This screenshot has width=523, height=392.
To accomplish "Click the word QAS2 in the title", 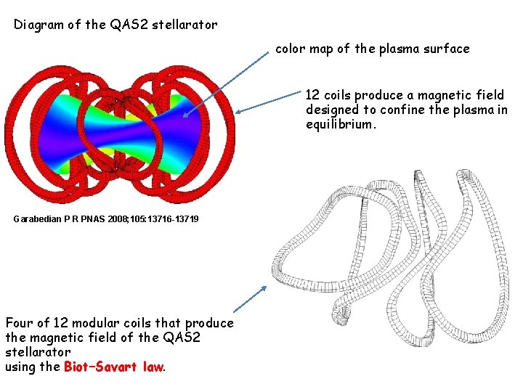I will coord(126,25).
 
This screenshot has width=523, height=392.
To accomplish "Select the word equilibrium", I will coord(342,125).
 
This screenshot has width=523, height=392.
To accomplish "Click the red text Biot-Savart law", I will coord(114,367).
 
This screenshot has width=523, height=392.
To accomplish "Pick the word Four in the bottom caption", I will coord(19,322).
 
